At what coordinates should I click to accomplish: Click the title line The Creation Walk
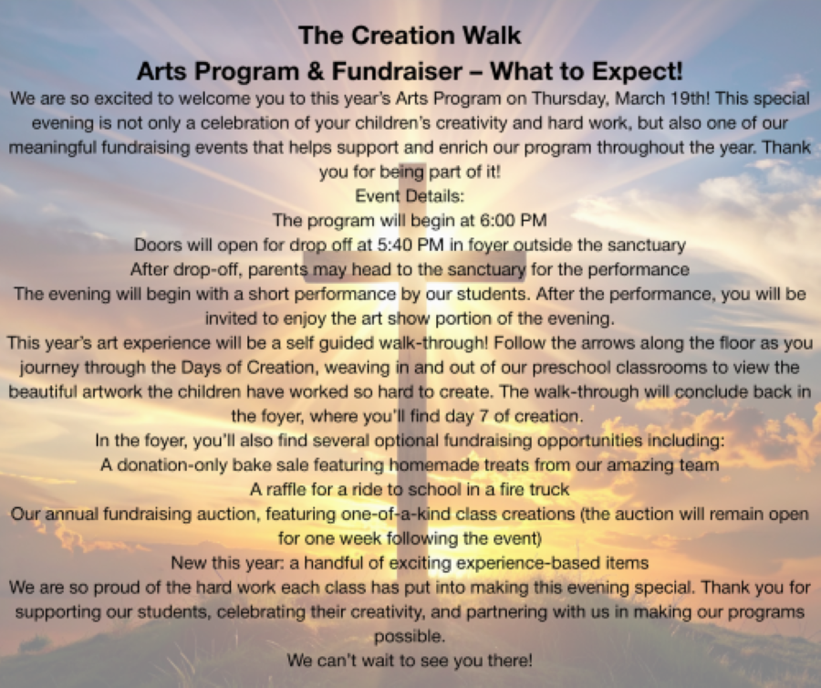click(410, 36)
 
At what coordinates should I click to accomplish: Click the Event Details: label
click(410, 196)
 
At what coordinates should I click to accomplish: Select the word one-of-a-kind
click(396, 514)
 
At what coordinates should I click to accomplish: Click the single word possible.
click(410, 637)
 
